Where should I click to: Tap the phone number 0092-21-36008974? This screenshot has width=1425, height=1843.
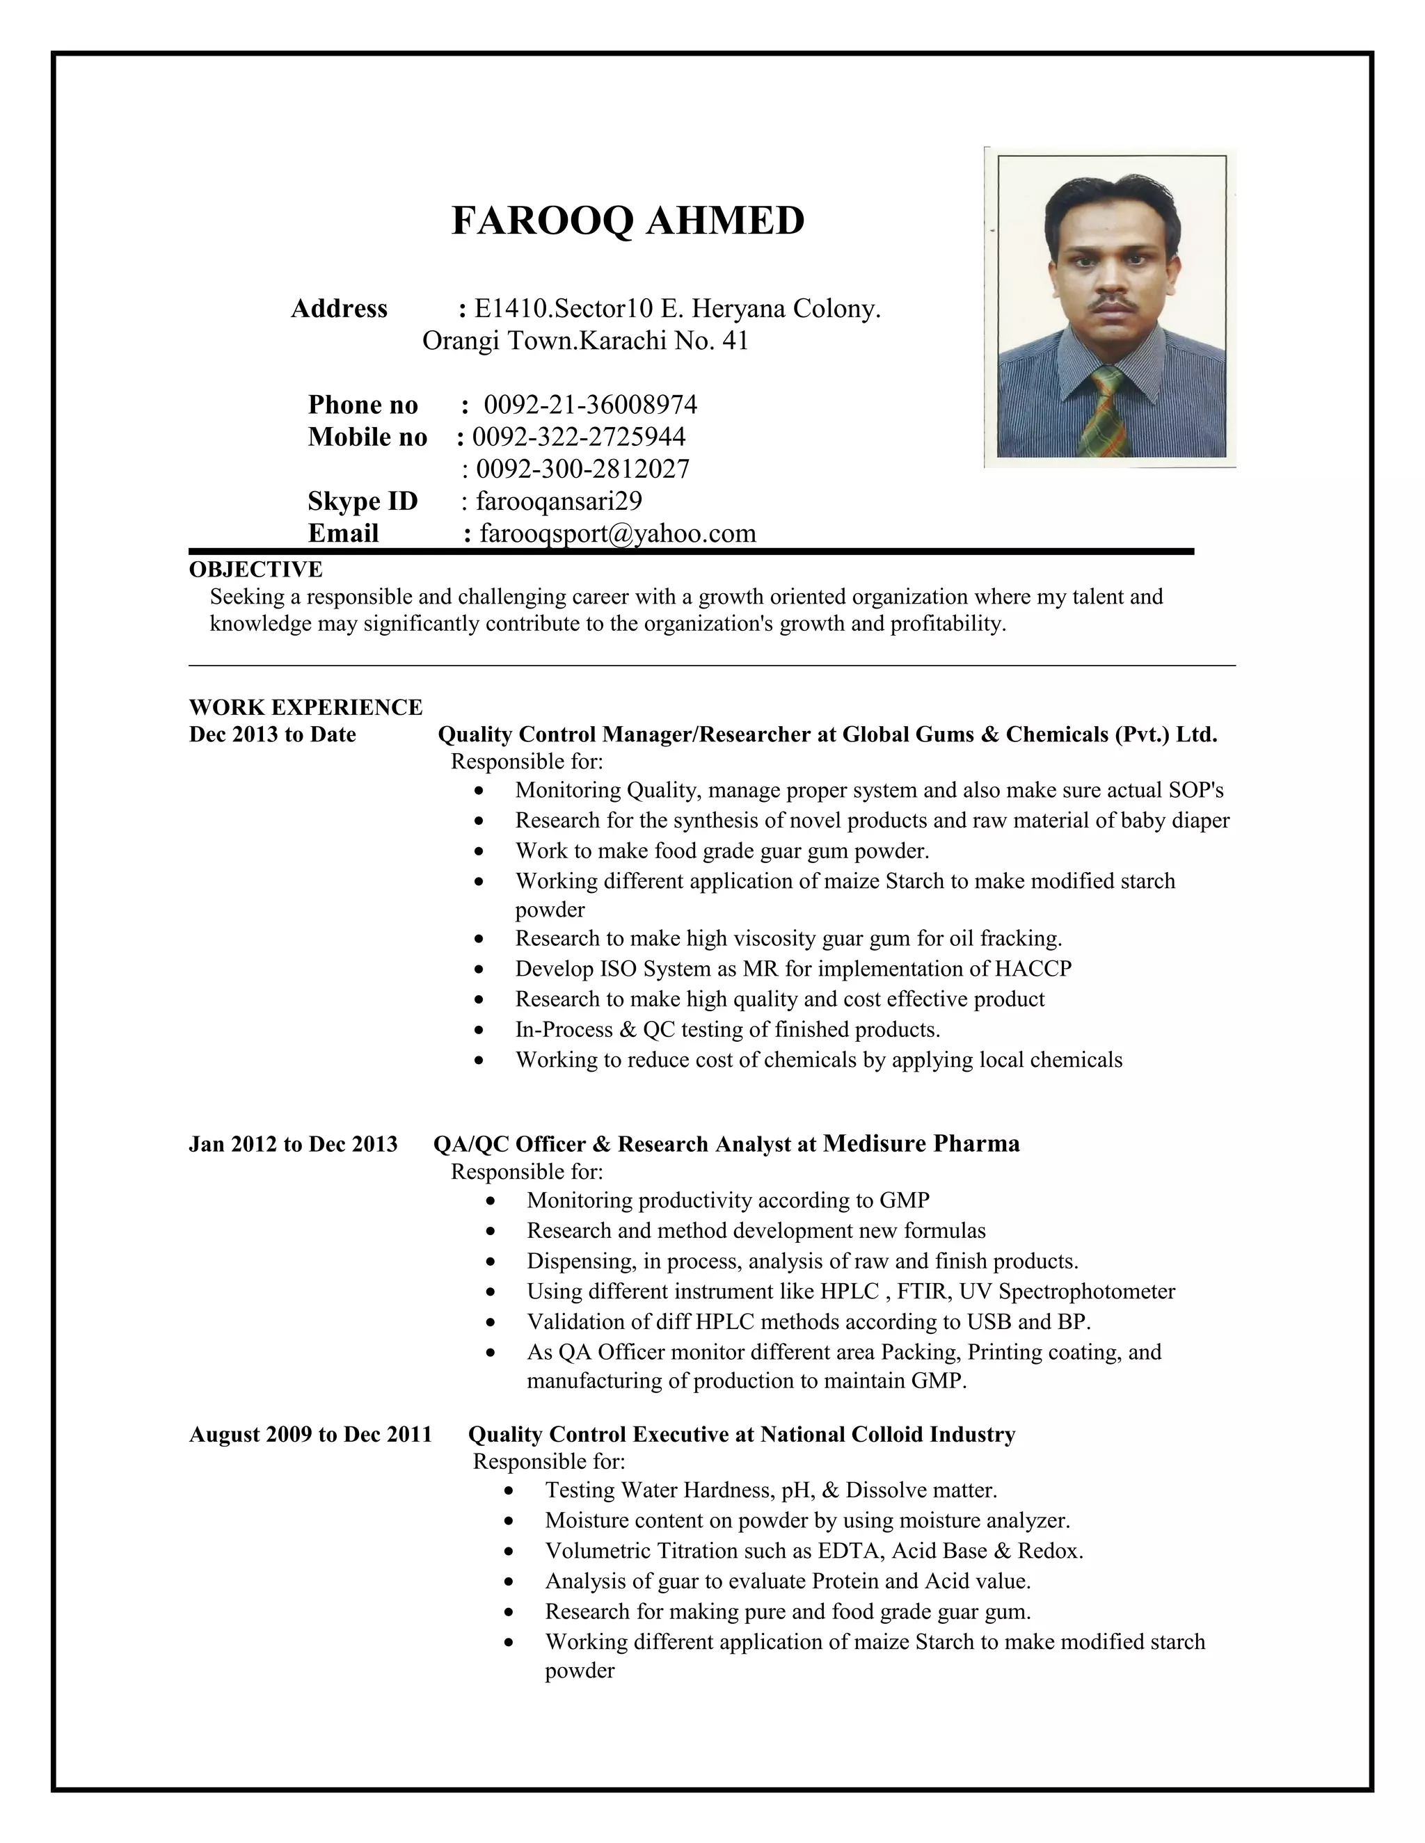pos(590,405)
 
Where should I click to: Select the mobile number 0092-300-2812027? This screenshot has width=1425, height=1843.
pos(582,469)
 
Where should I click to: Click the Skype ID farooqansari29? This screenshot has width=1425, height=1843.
pos(559,501)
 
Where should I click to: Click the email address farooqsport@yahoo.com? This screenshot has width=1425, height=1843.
pos(617,533)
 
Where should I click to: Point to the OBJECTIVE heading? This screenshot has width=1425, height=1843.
pos(255,570)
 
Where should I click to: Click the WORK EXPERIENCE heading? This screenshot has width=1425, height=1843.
pos(305,707)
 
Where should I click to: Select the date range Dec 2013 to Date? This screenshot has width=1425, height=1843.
pos(272,734)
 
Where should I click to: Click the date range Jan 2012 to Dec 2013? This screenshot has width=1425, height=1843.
pos(293,1144)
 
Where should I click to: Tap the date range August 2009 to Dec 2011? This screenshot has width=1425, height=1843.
pos(310,1435)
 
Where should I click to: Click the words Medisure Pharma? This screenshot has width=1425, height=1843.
pos(921,1143)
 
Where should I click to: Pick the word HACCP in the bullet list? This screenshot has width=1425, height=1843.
pos(1033,969)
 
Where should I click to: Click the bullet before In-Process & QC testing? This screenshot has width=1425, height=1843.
pos(479,1031)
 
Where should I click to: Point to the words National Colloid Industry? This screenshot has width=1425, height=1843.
pos(887,1435)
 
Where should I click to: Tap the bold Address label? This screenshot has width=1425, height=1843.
pos(339,309)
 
